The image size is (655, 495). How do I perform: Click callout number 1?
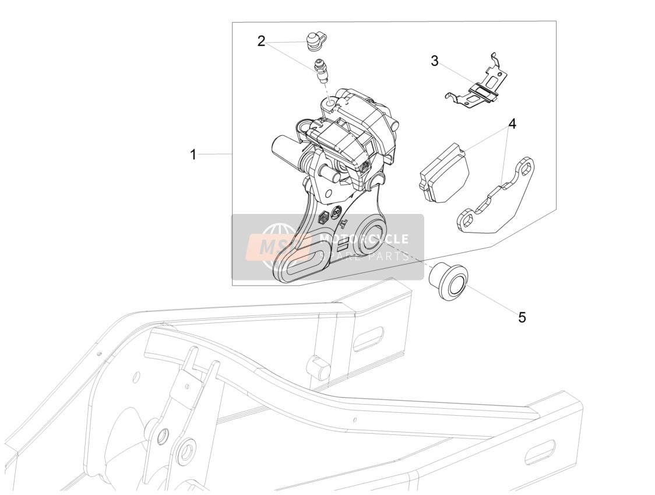pyautogui.click(x=193, y=155)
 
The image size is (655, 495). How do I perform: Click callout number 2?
pyautogui.click(x=262, y=41)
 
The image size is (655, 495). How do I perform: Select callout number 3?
pyautogui.click(x=435, y=61)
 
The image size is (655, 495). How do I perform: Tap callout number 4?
pyautogui.click(x=512, y=124)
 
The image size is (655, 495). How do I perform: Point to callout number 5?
pyautogui.click(x=522, y=317)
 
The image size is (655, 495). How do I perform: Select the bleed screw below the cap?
pyautogui.click(x=321, y=71)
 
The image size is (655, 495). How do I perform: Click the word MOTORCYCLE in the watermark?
pyautogui.click(x=364, y=239)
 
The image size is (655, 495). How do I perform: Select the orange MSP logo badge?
pyautogui.click(x=279, y=249)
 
